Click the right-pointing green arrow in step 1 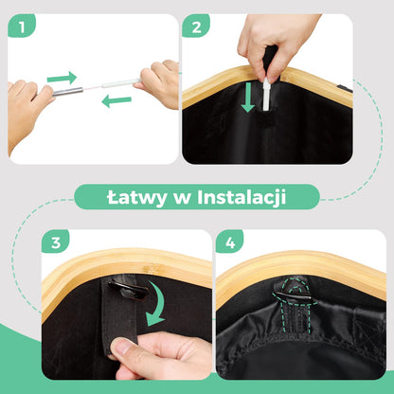(62, 77)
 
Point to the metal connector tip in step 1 (68, 93)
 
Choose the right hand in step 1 (160, 83)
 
